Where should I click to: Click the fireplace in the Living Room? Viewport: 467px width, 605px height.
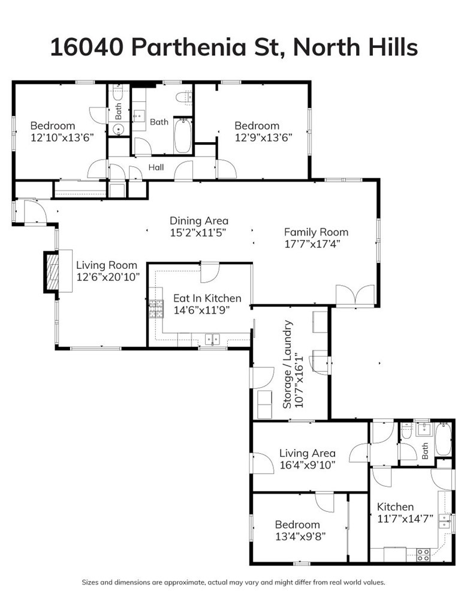53,272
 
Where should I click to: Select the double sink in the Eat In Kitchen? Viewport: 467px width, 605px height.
212,340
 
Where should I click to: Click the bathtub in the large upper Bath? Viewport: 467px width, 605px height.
182,136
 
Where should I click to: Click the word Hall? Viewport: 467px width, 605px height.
157,168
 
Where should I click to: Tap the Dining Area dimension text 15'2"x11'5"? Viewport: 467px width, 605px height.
198,232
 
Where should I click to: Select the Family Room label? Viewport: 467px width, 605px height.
316,232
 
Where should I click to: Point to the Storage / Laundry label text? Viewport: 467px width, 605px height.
288,364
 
